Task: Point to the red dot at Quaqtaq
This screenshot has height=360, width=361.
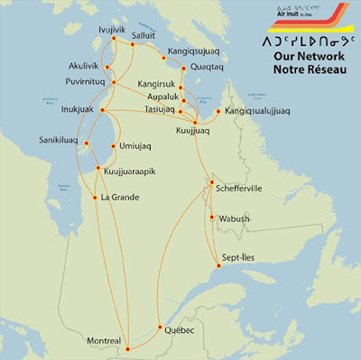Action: click(183, 69)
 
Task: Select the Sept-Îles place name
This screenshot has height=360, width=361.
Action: click(239, 257)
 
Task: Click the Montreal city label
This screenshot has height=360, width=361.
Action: click(99, 340)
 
